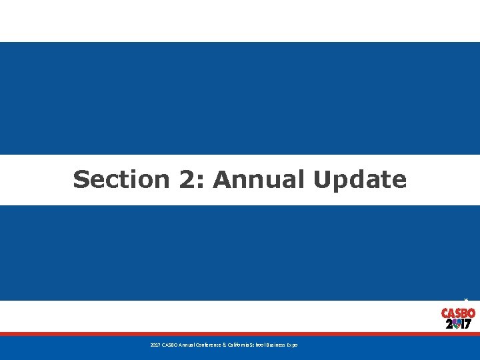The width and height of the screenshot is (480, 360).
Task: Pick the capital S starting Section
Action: (81, 179)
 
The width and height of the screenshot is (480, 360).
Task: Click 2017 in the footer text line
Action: (155, 345)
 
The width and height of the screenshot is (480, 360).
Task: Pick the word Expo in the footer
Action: (293, 345)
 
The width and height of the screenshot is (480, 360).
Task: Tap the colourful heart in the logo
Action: (458, 324)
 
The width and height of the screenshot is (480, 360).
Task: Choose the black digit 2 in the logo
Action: (449, 324)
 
